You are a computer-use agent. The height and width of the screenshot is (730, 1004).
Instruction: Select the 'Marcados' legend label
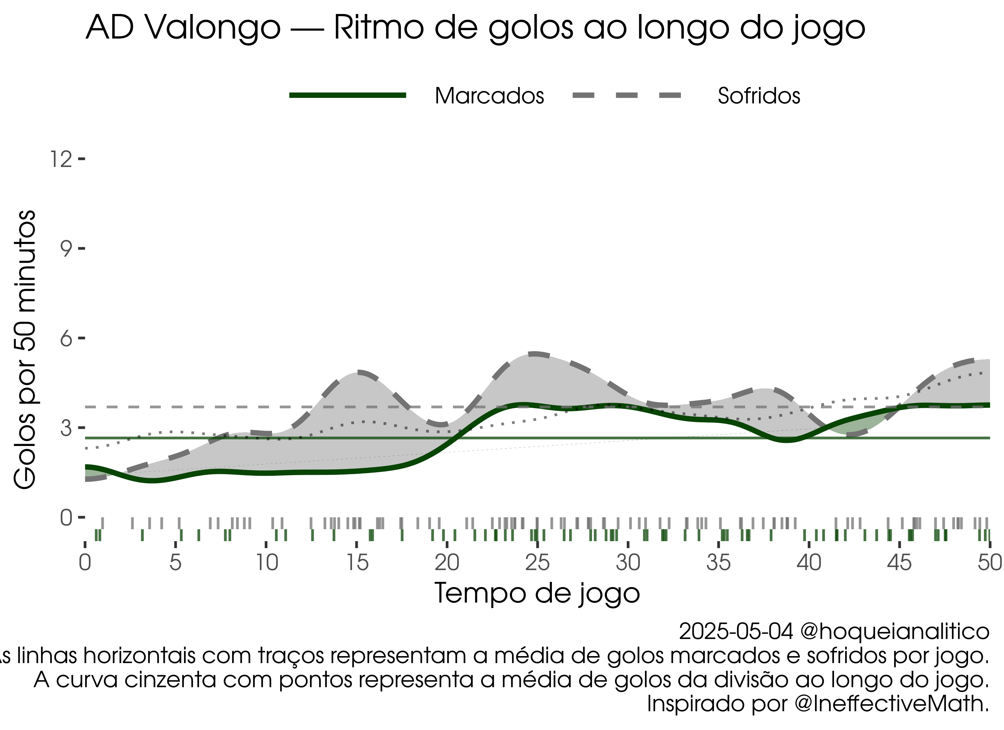click(x=489, y=96)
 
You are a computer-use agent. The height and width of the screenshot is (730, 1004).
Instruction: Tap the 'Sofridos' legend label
click(x=759, y=96)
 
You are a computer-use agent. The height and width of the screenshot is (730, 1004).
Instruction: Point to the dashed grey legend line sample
click(x=627, y=96)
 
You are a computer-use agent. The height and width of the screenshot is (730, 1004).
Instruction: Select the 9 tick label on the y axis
click(x=66, y=249)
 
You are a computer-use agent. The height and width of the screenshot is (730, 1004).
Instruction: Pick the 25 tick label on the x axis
click(x=537, y=563)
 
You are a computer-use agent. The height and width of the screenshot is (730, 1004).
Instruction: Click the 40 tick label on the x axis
click(x=809, y=563)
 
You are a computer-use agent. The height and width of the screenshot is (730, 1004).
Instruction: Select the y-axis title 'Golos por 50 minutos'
click(x=25, y=350)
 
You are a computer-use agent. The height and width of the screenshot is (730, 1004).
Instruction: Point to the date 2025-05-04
click(x=736, y=632)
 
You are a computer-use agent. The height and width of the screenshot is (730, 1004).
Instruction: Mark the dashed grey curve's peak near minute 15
click(x=359, y=373)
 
